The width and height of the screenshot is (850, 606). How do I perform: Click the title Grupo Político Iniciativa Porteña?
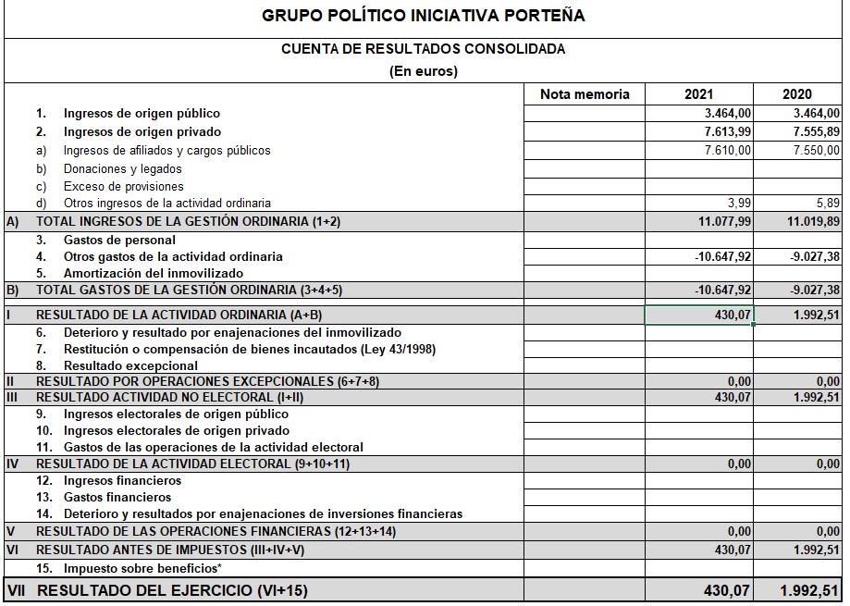(424, 17)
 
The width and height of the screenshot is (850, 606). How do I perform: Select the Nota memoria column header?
(585, 93)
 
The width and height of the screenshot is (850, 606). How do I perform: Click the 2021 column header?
(698, 93)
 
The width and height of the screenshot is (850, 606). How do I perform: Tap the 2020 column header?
(796, 93)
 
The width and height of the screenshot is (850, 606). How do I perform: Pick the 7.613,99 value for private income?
(727, 131)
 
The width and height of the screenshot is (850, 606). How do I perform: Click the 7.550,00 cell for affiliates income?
(816, 150)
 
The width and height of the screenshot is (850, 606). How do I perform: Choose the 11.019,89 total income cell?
(813, 222)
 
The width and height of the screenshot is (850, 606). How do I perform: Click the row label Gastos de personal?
(119, 241)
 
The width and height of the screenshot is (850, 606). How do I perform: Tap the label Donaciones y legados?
(122, 169)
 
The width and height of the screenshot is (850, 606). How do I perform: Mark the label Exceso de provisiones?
(123, 187)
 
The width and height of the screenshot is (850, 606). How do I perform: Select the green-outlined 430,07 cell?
(699, 315)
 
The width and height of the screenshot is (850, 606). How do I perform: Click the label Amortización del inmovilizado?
(153, 273)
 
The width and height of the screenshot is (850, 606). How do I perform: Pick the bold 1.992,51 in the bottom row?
(809, 590)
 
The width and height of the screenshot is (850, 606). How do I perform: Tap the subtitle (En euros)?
(424, 71)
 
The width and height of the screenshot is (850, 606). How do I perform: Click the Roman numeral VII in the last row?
(16, 590)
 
